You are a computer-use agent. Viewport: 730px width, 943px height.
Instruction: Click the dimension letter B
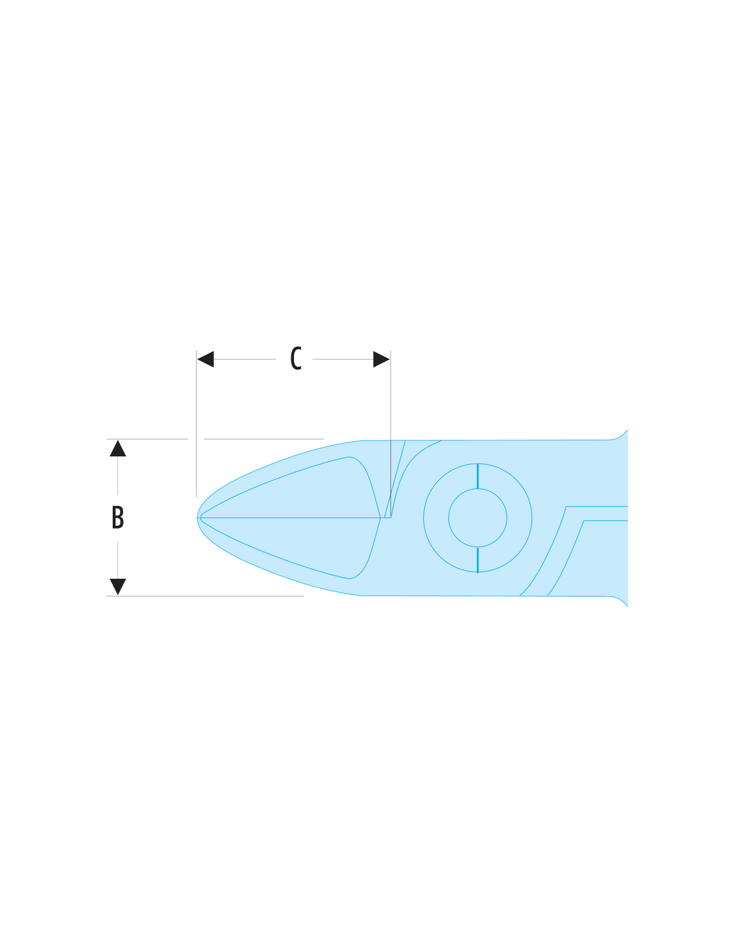(x=117, y=517)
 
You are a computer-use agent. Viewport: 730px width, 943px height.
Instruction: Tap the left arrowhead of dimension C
(x=206, y=359)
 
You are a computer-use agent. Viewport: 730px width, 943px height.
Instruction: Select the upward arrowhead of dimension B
(x=117, y=448)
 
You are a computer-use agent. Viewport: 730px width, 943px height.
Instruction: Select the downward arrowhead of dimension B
(x=117, y=587)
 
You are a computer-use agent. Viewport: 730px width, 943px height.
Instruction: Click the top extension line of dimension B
(x=216, y=439)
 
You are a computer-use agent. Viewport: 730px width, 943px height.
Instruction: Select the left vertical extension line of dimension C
(x=196, y=424)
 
